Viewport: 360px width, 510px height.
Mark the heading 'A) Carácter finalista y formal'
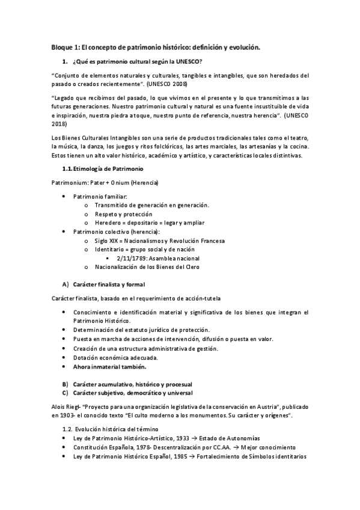pyautogui.click(x=103, y=283)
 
